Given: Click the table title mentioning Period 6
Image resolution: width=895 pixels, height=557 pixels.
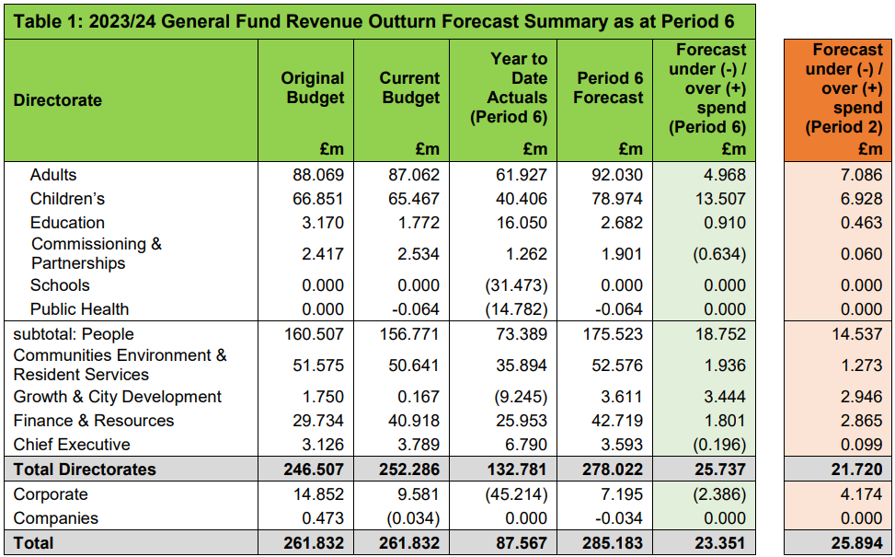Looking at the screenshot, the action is point(373,22).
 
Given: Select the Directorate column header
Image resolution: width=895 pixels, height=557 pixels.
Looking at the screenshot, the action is point(58,100).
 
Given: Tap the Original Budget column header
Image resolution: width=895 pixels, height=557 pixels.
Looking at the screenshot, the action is point(312,87).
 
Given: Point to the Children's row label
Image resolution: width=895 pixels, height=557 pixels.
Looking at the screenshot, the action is point(67,199).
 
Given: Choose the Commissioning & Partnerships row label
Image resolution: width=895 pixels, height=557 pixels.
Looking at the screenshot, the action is point(97,253).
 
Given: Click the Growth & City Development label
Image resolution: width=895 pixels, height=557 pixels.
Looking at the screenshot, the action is point(117,397).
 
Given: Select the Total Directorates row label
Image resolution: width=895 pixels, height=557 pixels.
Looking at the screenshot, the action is point(85,469).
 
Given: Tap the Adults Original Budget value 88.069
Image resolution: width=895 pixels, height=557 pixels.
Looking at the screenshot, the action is point(318,175).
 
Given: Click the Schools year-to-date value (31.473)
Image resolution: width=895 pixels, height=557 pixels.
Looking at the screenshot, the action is point(516,285).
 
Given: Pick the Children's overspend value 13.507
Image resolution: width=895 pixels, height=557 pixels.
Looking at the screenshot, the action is point(719,199).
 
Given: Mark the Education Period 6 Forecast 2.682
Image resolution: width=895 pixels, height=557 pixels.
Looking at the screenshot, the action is point(621,223).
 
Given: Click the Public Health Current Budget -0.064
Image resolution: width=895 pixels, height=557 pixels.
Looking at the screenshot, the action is point(415,309).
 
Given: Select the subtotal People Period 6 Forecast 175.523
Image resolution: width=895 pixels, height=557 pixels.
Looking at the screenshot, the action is point(613,333).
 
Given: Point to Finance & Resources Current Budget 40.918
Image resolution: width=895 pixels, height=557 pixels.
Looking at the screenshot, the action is point(414,421).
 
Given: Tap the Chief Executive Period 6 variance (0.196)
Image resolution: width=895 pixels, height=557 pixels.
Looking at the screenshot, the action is point(719,445).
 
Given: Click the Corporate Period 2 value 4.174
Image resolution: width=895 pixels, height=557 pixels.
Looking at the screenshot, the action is point(861,493).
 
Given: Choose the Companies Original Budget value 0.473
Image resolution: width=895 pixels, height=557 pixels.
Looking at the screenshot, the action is point(323,518).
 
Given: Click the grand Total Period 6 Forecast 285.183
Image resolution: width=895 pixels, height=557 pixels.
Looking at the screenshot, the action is point(613,542).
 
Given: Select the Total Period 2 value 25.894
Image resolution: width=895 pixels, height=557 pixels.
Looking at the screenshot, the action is point(856,542).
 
